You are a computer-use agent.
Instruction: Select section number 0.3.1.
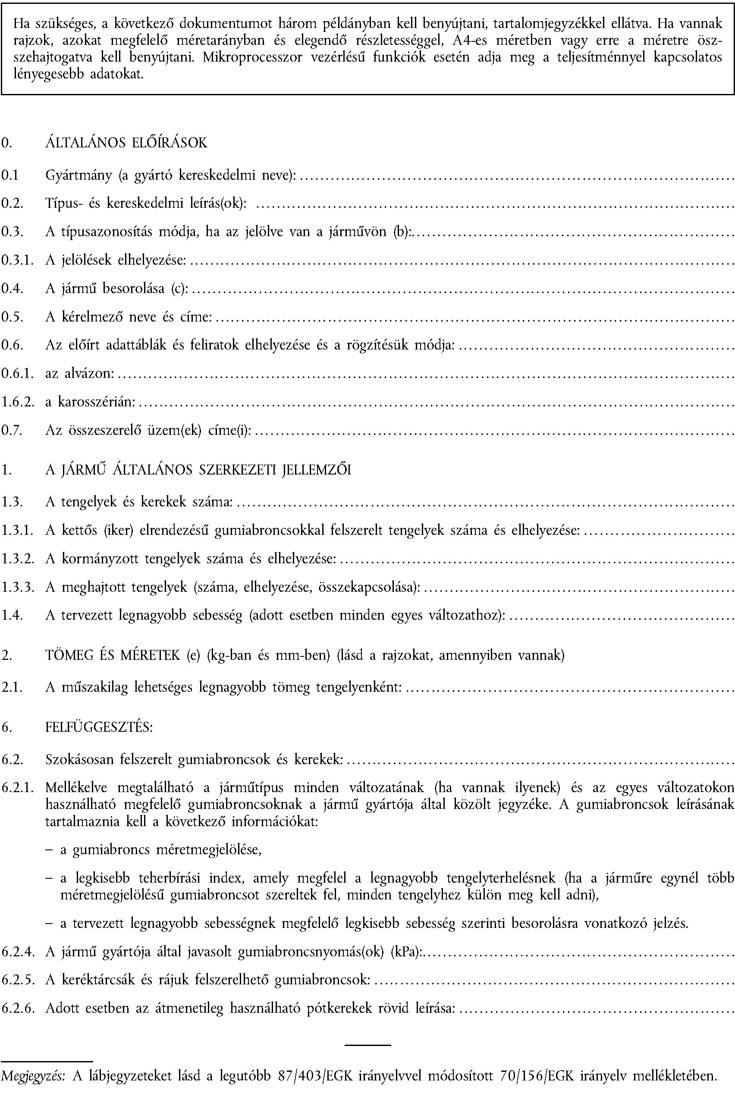[x=17, y=260]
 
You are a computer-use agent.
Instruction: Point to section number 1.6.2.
[x=17, y=402]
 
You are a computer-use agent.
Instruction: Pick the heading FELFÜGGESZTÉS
[x=99, y=727]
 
